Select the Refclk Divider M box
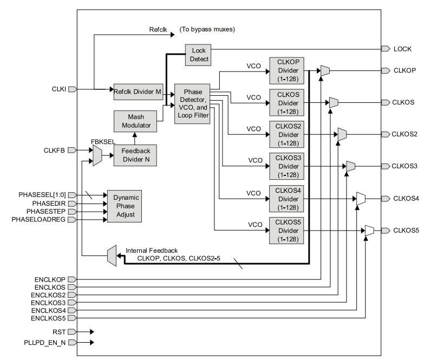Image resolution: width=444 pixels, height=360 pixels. click(138, 91)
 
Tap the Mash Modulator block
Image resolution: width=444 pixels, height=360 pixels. click(134, 120)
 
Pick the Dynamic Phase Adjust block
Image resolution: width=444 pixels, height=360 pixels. click(126, 206)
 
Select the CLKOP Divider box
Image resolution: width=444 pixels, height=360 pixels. click(287, 71)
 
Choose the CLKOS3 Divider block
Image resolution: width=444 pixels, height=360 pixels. click(287, 166)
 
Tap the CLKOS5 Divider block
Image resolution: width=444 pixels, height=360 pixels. click(287, 230)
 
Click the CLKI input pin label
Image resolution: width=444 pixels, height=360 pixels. click(58, 89)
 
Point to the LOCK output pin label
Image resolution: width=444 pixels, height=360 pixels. click(402, 49)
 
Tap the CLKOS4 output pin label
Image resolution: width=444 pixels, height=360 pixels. click(406, 198)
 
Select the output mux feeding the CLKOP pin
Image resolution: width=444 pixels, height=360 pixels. click(325, 70)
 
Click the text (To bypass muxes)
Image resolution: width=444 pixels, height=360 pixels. click(207, 29)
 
